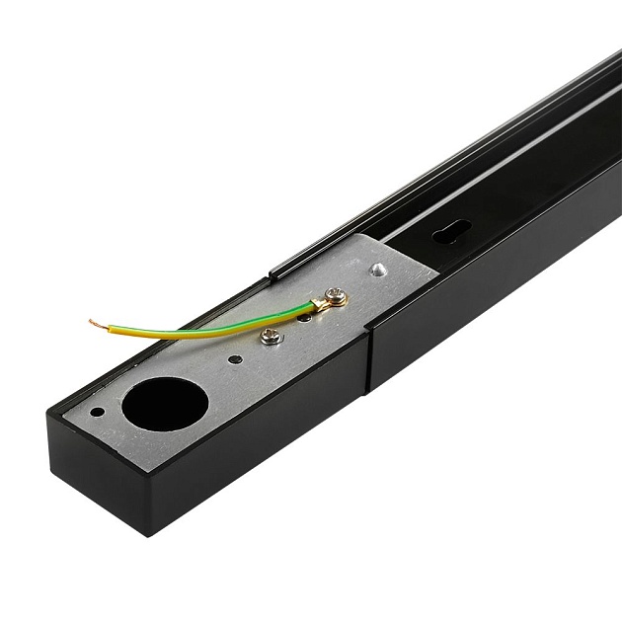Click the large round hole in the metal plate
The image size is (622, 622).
165,404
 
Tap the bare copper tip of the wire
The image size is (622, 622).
95,323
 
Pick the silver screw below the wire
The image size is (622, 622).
271,337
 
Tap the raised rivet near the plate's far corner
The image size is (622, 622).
378,269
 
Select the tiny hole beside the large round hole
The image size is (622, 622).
97,412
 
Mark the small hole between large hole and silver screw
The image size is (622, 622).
233,358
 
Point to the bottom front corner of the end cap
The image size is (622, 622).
148,534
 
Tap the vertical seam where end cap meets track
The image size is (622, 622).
369,361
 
